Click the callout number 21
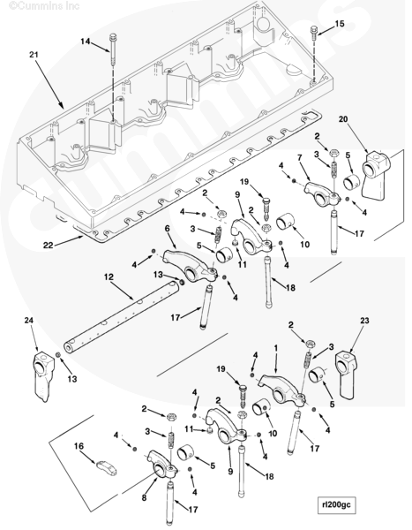34,54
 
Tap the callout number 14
85,42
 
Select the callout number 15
340,23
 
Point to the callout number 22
48,245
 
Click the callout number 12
109,276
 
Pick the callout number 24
29,320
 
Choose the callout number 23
364,320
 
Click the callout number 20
343,119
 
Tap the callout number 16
79,446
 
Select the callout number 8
144,497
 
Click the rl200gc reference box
336,504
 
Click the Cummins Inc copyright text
44,5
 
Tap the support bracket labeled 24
43,375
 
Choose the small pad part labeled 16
107,467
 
